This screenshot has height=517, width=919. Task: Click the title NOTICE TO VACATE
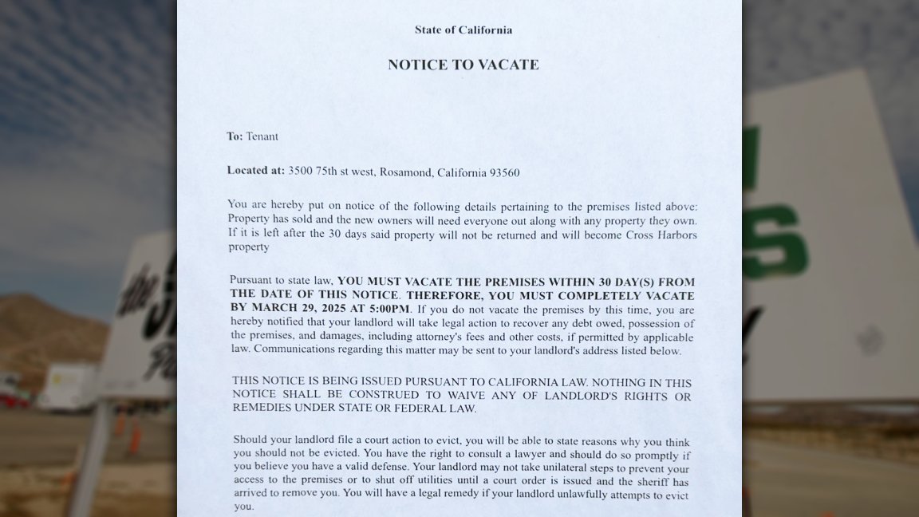[463, 65]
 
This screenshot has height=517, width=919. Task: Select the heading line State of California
[463, 30]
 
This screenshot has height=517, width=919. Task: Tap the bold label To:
[235, 136]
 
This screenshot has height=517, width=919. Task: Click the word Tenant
[262, 136]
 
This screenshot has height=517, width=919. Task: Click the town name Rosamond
[405, 172]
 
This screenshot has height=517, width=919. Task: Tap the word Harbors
[675, 234]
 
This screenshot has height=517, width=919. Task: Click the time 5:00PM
[388, 309]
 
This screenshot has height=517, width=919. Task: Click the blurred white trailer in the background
[67, 387]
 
